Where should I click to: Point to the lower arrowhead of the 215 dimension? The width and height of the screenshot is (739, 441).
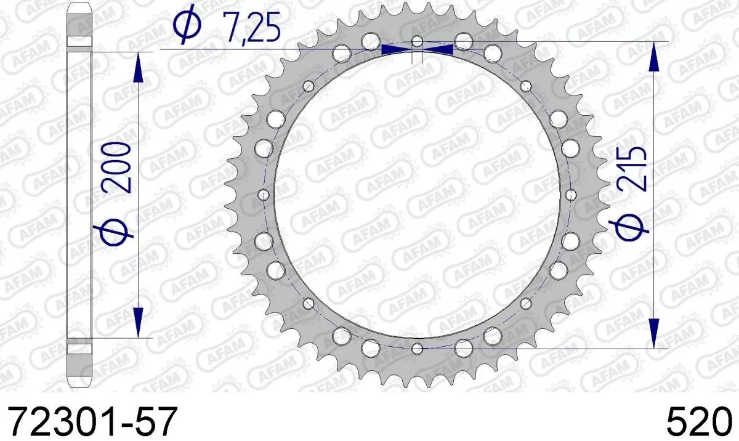[654, 333]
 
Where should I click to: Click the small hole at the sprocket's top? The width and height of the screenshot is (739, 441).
[417, 41]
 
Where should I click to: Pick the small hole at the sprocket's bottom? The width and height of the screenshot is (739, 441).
[417, 349]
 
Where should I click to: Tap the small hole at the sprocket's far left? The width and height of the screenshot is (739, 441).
[264, 195]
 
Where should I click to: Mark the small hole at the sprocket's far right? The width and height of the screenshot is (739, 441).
[570, 195]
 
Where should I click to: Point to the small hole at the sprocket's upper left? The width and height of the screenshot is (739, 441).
[309, 86]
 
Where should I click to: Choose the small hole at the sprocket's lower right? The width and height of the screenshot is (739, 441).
[525, 303]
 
